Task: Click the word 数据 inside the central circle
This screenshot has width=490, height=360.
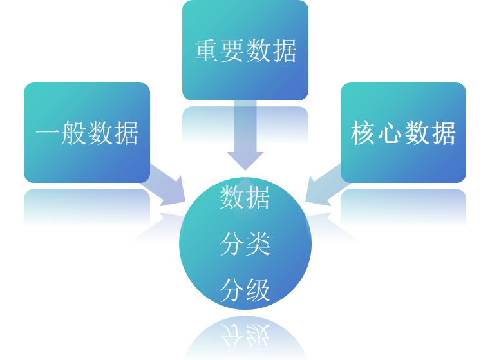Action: point(245,197)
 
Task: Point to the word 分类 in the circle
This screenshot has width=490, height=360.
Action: point(245,245)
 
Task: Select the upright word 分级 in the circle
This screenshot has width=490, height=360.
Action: point(245,291)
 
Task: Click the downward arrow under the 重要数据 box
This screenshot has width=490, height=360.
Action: point(245,138)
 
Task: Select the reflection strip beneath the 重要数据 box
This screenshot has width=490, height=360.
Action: point(245,126)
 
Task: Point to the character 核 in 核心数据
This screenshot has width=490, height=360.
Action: point(364,134)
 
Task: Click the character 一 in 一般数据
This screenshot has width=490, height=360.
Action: point(48,134)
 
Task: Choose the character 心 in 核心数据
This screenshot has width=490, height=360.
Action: point(390,134)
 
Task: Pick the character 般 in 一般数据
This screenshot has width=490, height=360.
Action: point(74,134)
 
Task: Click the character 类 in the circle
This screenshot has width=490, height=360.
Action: point(258,245)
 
